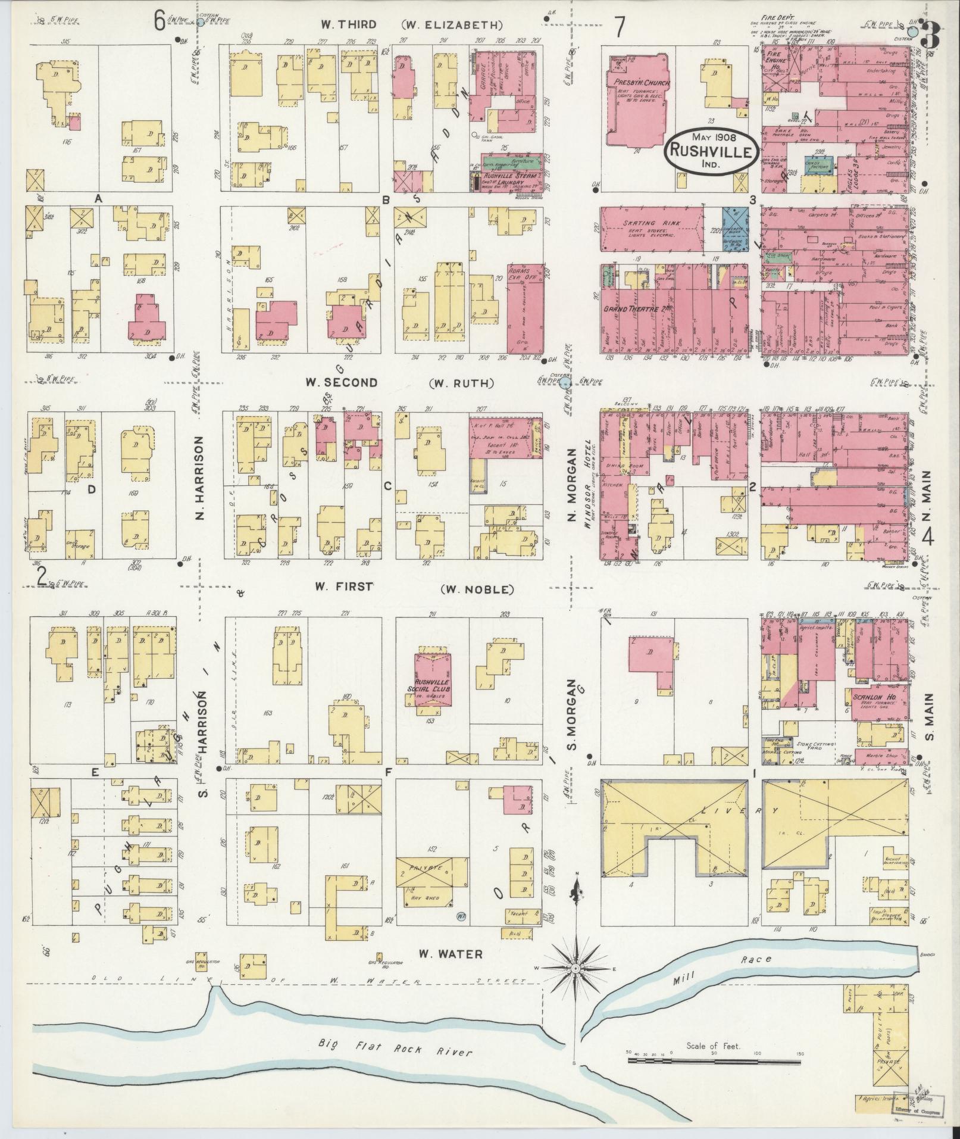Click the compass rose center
coord(576,987)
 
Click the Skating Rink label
coord(648,223)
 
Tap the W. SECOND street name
coord(341,383)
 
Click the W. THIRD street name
coord(348,24)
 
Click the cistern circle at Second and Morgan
coord(565,382)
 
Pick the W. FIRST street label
coord(343,587)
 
